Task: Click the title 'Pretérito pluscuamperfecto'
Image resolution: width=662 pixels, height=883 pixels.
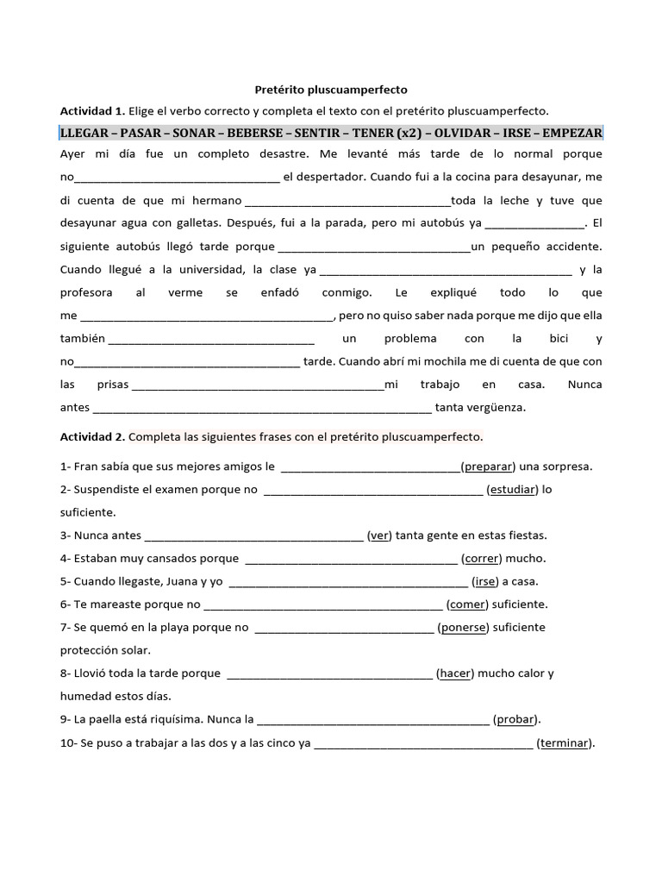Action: (331, 89)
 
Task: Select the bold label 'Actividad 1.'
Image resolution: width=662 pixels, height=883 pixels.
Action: (92, 110)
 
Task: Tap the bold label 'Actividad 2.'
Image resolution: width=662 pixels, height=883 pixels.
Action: (92, 436)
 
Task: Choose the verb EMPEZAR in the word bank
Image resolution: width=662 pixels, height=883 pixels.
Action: (567, 133)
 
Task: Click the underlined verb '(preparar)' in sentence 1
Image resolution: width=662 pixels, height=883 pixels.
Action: (488, 467)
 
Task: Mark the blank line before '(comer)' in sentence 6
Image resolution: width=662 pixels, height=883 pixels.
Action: (324, 604)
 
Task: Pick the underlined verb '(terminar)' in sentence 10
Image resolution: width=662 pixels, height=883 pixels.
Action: (565, 742)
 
